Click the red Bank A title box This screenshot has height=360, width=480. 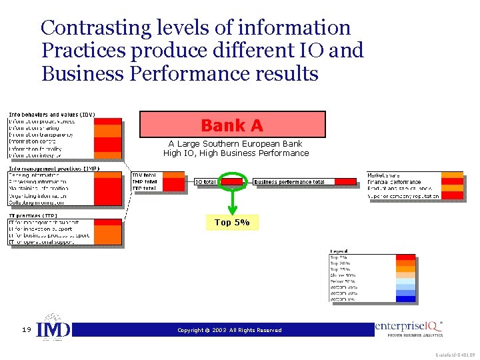[x=232, y=125]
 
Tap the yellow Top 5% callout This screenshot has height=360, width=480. [x=232, y=223]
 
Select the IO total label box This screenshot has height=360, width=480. [x=205, y=181]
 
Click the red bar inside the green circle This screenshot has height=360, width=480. [x=233, y=181]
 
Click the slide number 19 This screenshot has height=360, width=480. [x=25, y=329]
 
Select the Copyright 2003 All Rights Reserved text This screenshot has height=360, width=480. [x=229, y=330]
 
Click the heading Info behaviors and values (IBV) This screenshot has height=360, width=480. [x=51, y=115]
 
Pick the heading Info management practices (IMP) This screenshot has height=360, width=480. [x=53, y=169]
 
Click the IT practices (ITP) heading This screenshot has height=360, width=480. [x=33, y=216]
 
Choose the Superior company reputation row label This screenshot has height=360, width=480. [x=403, y=196]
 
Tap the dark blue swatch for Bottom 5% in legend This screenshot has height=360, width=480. [x=405, y=299]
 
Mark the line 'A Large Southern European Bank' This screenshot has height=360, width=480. [x=235, y=143]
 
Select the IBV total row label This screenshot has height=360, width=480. [x=145, y=175]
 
